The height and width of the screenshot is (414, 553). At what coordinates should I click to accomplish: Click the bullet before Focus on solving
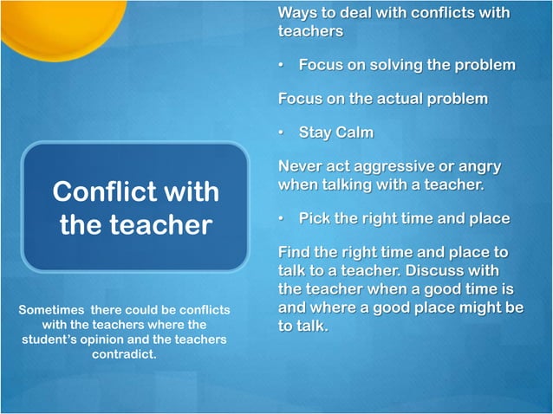click(282, 65)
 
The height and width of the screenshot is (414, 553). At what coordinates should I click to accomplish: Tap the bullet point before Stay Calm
click(282, 133)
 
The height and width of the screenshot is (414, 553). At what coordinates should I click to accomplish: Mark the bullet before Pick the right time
click(282, 218)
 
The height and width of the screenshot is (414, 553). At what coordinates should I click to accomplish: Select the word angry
click(478, 167)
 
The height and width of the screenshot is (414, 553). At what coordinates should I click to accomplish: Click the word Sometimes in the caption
click(50, 309)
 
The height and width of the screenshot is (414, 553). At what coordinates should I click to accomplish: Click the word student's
click(52, 340)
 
